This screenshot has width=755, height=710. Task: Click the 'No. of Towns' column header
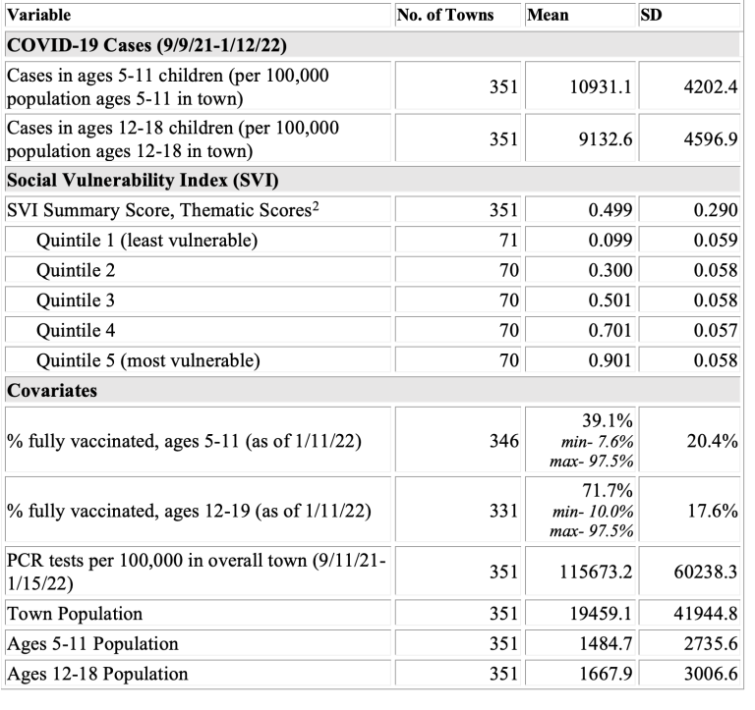tap(445, 15)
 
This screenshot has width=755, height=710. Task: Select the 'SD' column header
tap(651, 15)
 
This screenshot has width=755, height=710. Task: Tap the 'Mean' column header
tap(548, 15)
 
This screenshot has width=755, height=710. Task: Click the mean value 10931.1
tap(601, 87)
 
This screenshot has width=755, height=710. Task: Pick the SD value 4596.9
tap(711, 139)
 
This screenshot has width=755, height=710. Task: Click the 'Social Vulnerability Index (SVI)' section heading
tap(143, 180)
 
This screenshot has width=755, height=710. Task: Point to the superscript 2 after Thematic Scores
tap(315, 206)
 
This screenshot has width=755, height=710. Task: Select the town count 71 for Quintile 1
tap(508, 240)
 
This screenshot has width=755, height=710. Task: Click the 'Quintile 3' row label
tap(76, 300)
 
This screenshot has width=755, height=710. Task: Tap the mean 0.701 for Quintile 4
tap(610, 331)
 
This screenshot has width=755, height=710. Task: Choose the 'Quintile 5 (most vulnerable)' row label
tap(148, 360)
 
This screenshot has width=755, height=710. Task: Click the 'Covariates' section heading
tap(52, 390)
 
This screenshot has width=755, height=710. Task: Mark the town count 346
tap(504, 441)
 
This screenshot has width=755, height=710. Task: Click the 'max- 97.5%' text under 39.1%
tap(591, 462)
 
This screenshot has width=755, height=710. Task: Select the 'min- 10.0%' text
tap(593, 511)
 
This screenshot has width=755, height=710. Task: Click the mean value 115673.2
tap(596, 572)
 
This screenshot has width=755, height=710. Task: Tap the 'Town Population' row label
tap(75, 614)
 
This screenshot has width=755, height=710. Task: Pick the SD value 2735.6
tap(711, 643)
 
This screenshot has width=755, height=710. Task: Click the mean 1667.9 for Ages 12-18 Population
tap(606, 674)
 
